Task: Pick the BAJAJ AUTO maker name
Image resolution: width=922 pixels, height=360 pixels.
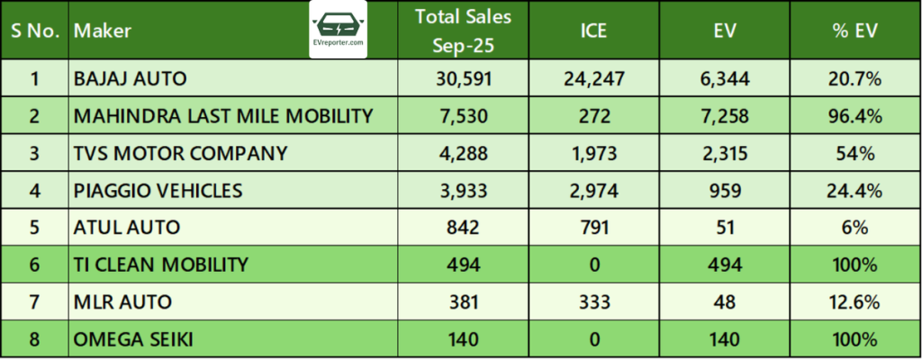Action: (x=130, y=79)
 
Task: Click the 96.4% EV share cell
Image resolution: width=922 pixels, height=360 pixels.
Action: (x=854, y=116)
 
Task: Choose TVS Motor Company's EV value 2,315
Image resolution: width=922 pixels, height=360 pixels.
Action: (x=726, y=154)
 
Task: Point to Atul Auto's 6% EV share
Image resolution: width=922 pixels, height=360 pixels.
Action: (x=854, y=228)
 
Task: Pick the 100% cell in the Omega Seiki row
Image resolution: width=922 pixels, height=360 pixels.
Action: (x=854, y=339)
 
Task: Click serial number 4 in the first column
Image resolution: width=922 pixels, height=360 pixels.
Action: (x=34, y=191)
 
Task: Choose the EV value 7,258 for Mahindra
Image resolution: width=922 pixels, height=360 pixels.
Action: (x=726, y=116)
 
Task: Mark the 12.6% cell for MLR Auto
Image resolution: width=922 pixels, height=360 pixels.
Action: (x=854, y=302)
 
